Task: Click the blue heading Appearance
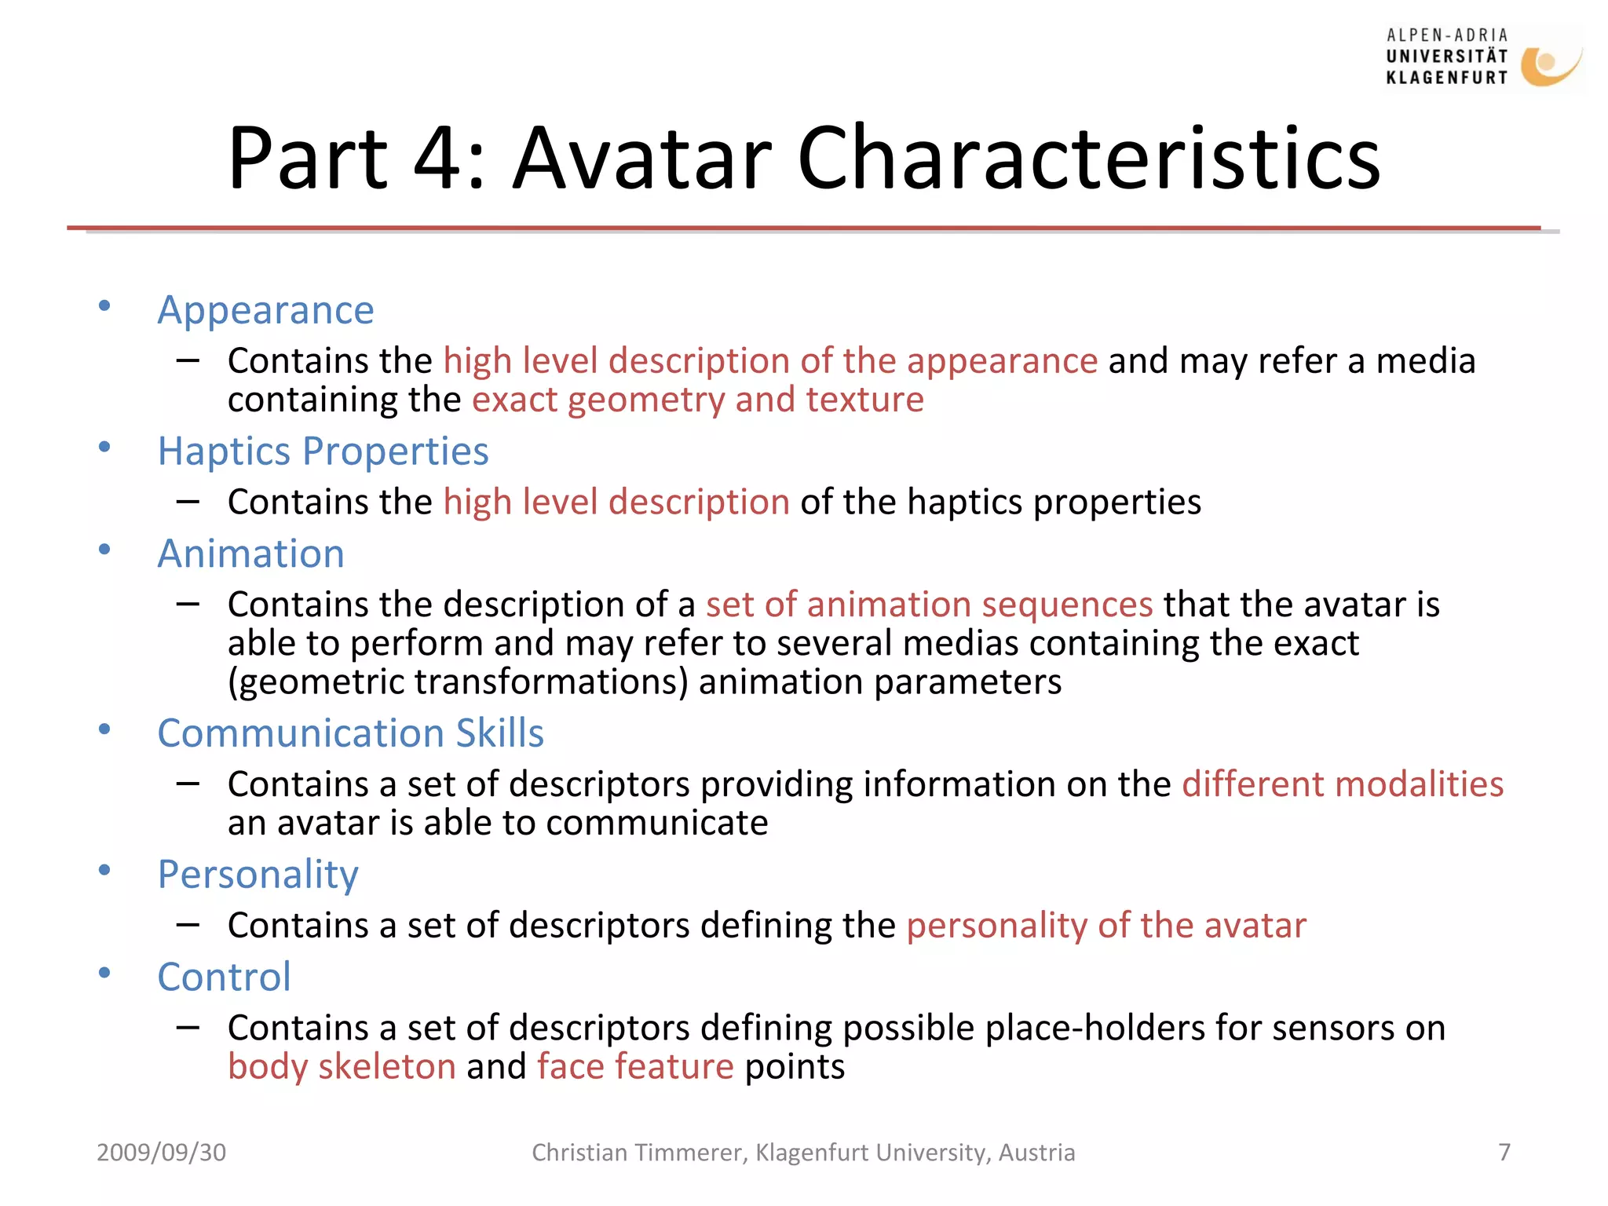coord(265,310)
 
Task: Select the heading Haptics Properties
coord(323,451)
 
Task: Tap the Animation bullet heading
coord(250,554)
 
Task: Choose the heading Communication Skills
coord(350,733)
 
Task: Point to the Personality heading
coord(258,874)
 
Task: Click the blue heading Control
coord(224,977)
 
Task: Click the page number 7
coord(1504,1152)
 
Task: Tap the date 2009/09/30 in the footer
coord(161,1152)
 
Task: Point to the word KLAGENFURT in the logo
coord(1446,78)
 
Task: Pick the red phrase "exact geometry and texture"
coord(697,400)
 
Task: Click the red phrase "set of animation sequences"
coord(929,605)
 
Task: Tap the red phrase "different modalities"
coord(1343,784)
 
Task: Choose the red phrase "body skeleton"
coord(342,1066)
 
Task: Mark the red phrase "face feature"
coord(635,1066)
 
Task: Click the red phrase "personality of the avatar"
coord(1106,926)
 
